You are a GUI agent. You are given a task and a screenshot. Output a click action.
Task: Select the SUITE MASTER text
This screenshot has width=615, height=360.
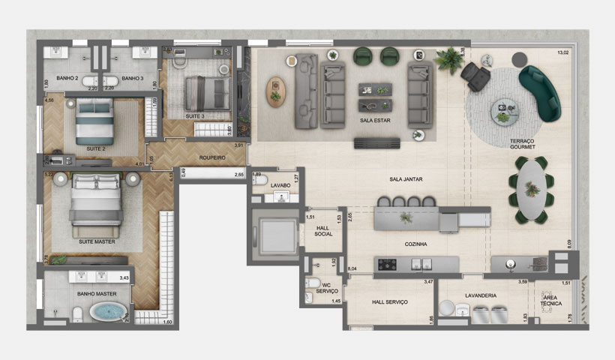(96, 243)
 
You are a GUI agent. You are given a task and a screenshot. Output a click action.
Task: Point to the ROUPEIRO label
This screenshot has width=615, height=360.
(213, 157)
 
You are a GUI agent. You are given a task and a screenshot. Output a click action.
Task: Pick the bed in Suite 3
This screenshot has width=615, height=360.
(207, 92)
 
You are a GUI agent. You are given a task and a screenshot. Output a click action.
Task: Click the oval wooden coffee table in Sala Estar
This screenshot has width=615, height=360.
(276, 90)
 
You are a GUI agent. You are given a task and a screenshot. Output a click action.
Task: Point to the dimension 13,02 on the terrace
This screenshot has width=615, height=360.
(563, 53)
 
